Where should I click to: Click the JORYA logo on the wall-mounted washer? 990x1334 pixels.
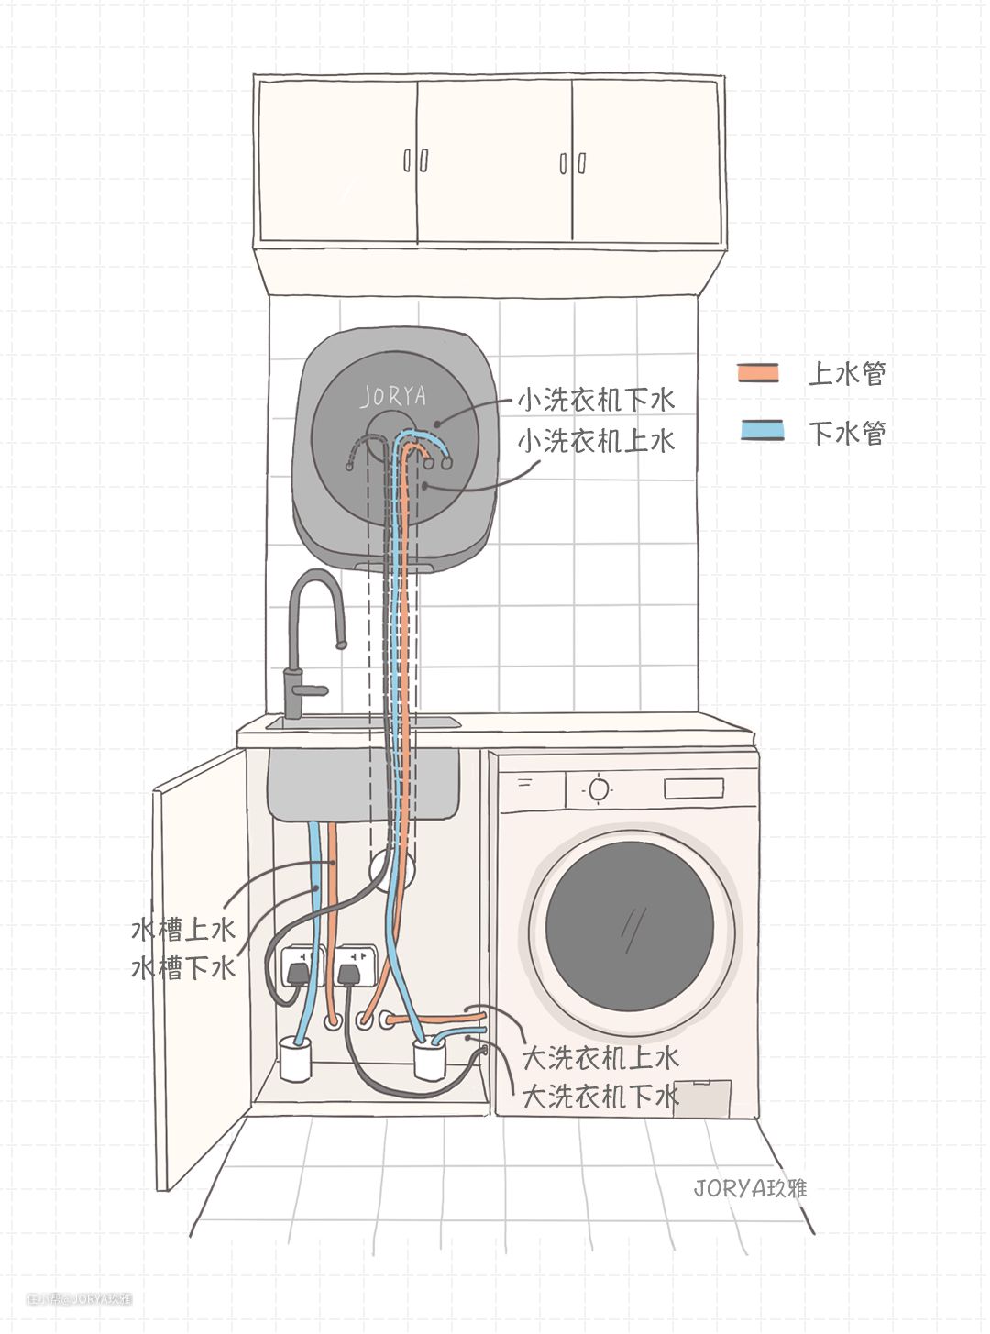(394, 395)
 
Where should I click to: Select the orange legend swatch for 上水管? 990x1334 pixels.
(758, 373)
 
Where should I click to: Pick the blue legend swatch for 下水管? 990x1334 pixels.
(762, 430)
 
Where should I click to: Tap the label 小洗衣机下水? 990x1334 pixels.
(596, 400)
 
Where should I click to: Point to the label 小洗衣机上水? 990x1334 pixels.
(596, 441)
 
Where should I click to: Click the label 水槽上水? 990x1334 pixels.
(183, 929)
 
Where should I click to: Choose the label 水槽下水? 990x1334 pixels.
(183, 967)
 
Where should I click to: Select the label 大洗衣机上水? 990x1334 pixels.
(600, 1057)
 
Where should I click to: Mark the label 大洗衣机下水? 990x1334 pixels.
(600, 1096)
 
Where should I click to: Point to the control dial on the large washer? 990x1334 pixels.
(599, 788)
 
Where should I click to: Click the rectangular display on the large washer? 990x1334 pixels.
(693, 788)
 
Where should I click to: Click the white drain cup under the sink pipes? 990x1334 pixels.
(295, 1059)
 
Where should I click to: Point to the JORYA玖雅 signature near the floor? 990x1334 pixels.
(750, 1188)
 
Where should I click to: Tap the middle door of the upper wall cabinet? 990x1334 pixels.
(495, 161)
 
